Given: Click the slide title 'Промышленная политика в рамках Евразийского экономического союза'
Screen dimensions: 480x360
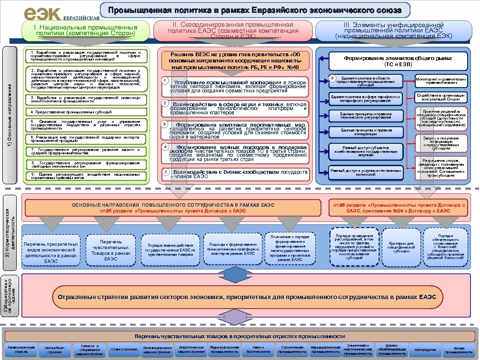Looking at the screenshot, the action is pos(254,10).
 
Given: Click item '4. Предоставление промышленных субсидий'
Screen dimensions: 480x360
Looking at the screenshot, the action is pos(86,112).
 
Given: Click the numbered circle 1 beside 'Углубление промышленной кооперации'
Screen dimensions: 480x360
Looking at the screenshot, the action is pos(165,80).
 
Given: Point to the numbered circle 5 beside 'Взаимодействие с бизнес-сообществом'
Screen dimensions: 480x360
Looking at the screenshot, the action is pos(165,171).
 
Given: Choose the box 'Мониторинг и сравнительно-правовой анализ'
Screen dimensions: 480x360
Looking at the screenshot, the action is pos(441,80).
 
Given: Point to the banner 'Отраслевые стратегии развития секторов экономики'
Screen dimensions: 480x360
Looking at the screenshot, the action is pos(247,297).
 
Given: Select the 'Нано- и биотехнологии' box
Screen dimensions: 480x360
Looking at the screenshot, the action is pos(258,350).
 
